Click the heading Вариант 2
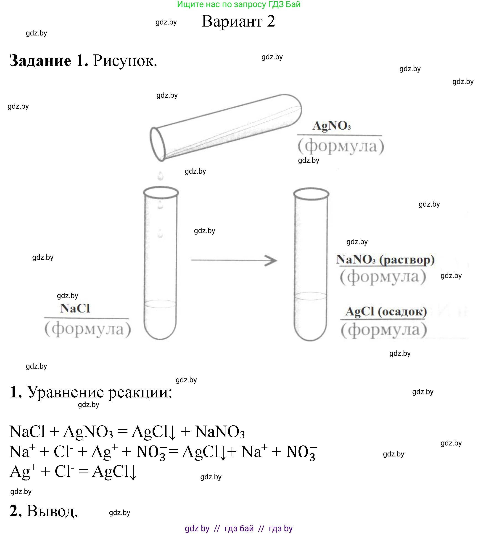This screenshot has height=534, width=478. (x=238, y=21)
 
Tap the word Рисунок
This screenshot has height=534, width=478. (x=125, y=61)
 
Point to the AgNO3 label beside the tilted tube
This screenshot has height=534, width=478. (x=331, y=125)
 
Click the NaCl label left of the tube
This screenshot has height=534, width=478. (x=75, y=308)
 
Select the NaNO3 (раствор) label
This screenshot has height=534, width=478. (x=385, y=260)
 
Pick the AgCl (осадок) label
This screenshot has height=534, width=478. (x=386, y=312)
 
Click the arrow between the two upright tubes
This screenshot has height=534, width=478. (x=234, y=260)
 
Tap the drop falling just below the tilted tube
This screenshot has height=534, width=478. (x=161, y=176)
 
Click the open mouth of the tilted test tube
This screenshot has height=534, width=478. (x=158, y=144)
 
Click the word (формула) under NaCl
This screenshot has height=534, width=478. (x=88, y=329)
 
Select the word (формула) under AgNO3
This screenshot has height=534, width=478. (x=341, y=146)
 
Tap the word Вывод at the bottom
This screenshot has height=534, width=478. (x=52, y=511)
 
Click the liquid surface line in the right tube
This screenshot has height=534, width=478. (x=311, y=296)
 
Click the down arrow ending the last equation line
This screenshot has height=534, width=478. (x=133, y=473)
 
